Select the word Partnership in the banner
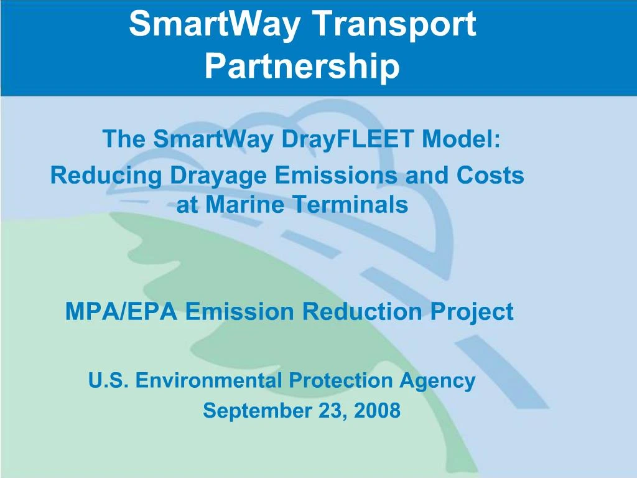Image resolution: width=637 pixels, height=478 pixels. coord(302,66)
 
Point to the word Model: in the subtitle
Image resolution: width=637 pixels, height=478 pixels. coord(461,139)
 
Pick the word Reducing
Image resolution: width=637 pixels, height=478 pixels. coord(106,176)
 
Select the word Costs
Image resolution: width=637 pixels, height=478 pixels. coord(491,176)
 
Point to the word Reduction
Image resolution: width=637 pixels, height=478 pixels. coord(361,311)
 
